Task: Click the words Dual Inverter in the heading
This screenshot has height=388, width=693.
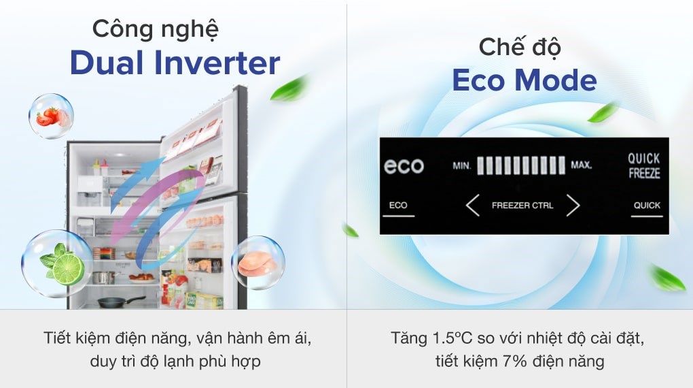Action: pyautogui.click(x=175, y=63)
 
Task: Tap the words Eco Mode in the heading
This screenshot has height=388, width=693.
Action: pyautogui.click(x=524, y=80)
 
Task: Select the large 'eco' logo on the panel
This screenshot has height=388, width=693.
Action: pyautogui.click(x=404, y=165)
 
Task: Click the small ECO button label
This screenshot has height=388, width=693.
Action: pyautogui.click(x=398, y=205)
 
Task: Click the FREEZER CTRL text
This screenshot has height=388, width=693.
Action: pyautogui.click(x=522, y=205)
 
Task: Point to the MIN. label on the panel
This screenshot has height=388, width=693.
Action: pyautogui.click(x=462, y=165)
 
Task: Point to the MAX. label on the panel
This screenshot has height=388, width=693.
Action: pyautogui.click(x=582, y=165)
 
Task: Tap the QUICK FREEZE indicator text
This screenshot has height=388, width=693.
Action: pyautogui.click(x=643, y=165)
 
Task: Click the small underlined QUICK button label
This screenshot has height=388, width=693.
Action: pyautogui.click(x=647, y=205)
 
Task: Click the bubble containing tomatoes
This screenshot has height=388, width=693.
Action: pyautogui.click(x=51, y=116)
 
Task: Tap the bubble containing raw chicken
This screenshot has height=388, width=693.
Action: pyautogui.click(x=257, y=263)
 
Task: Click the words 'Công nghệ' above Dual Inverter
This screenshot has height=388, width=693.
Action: pyautogui.click(x=156, y=29)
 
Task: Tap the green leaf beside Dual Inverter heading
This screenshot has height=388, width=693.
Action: pyautogui.click(x=289, y=90)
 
